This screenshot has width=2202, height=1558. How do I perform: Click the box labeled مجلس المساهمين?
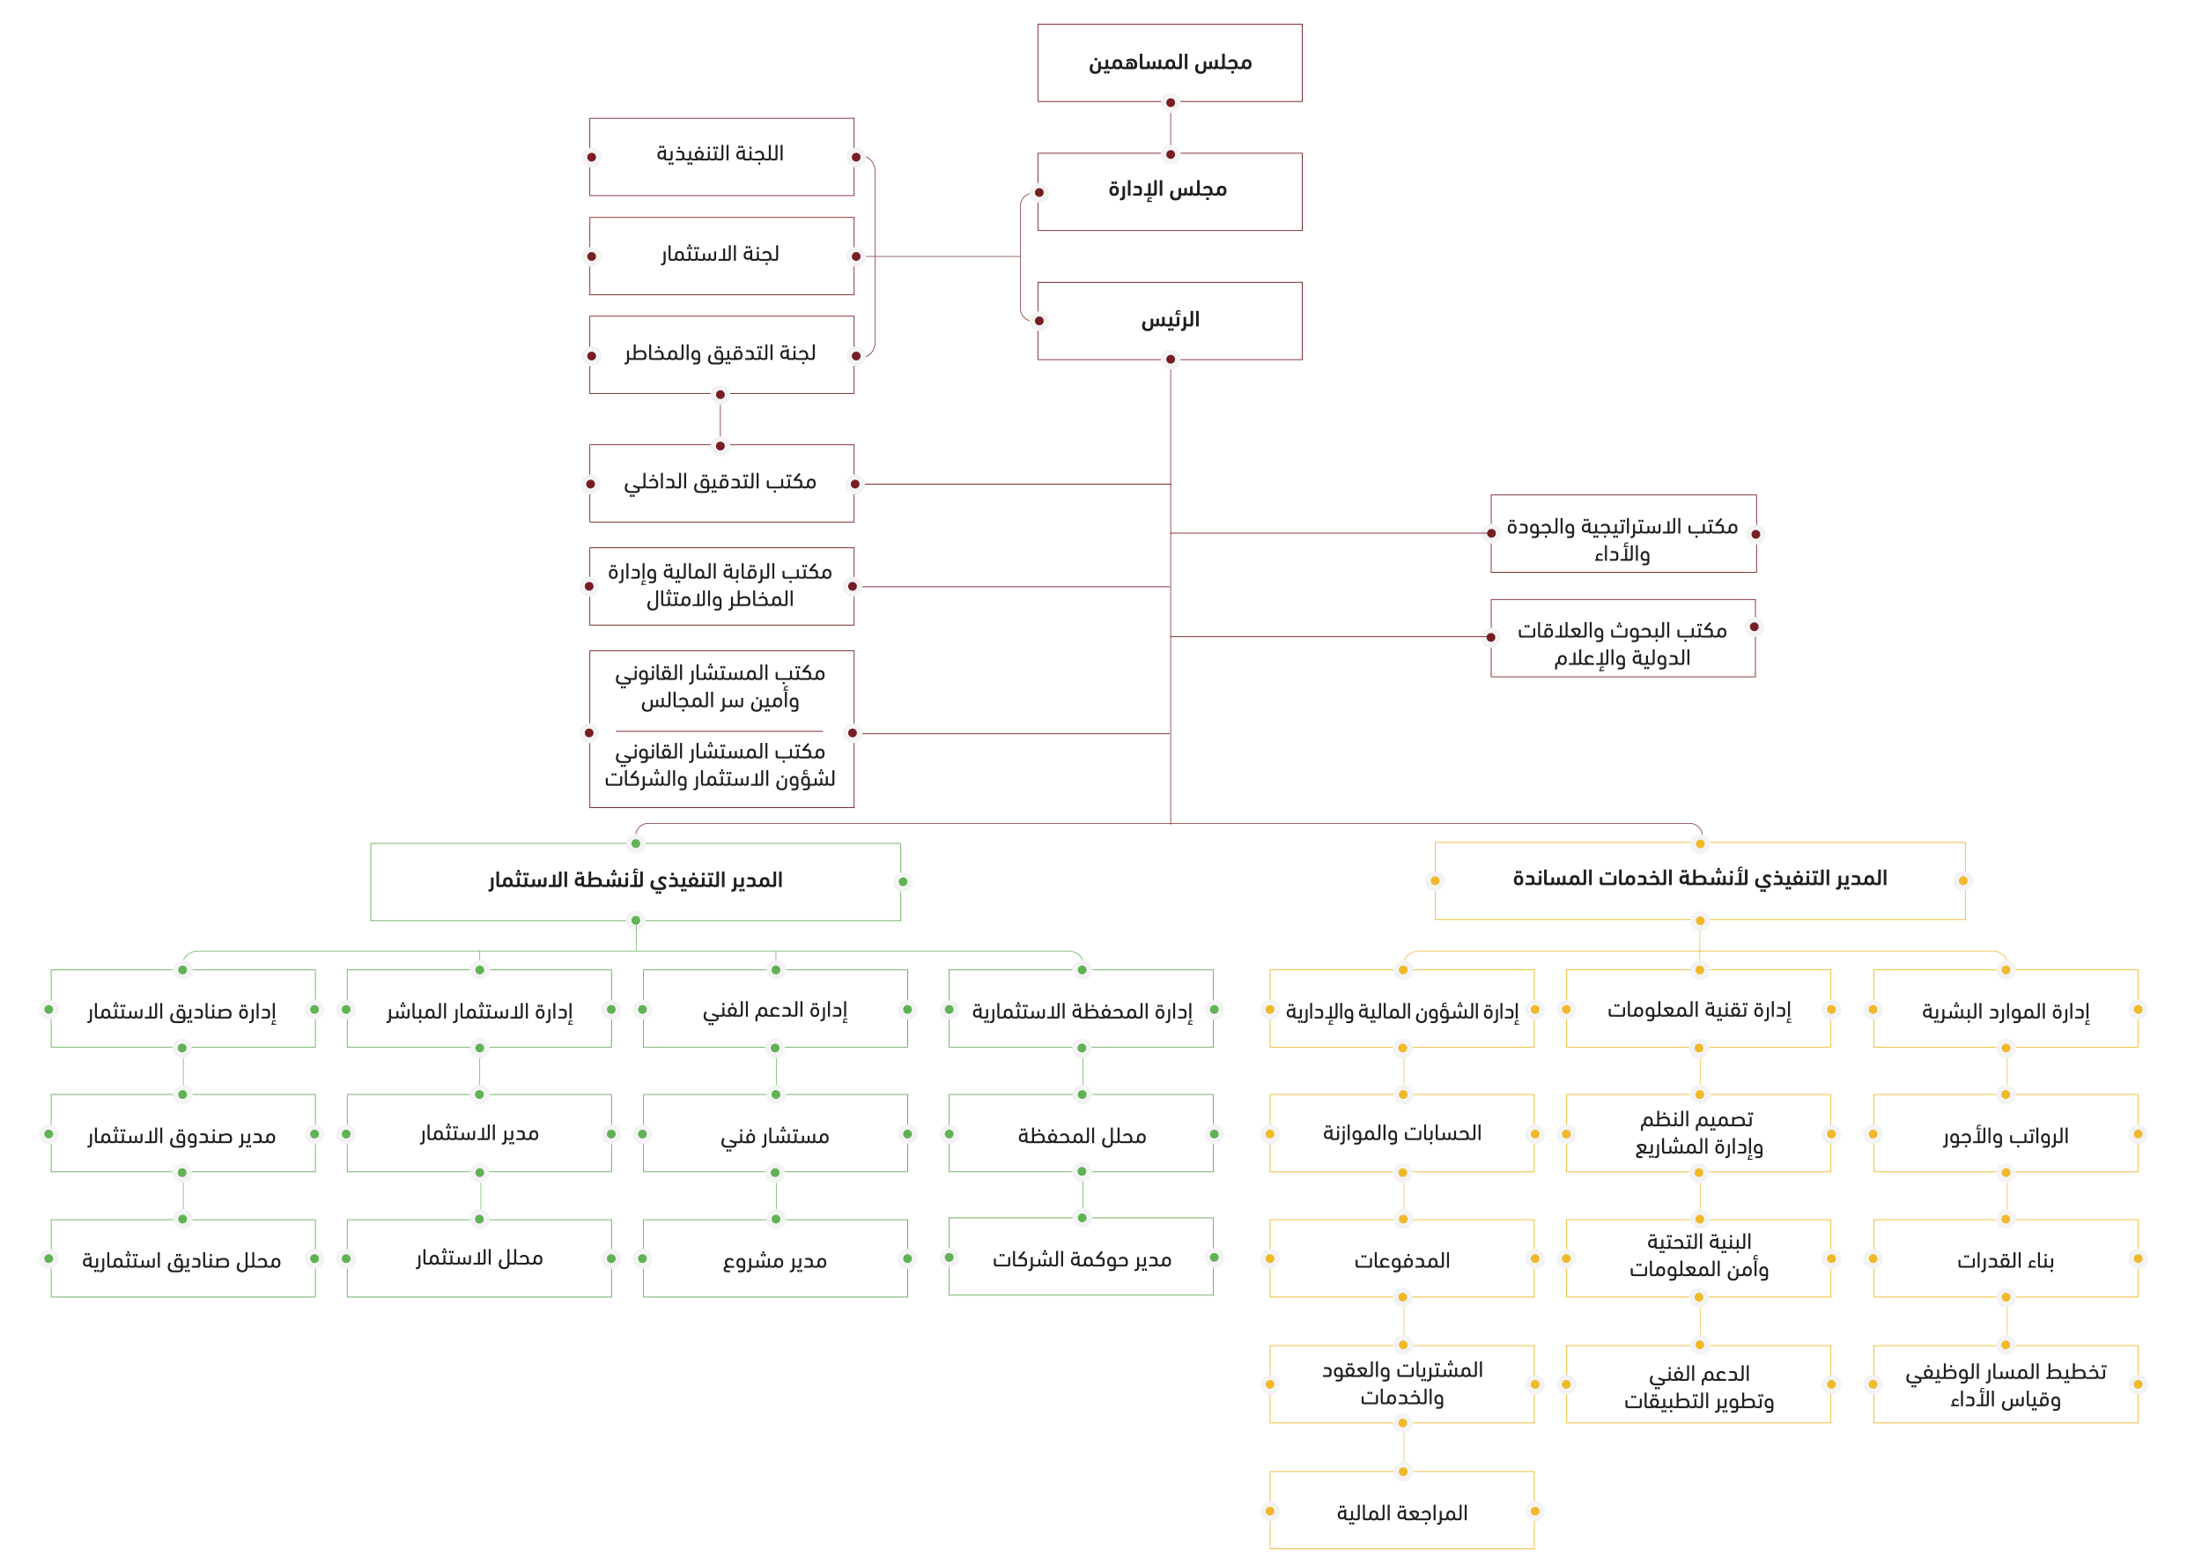[x=1169, y=63]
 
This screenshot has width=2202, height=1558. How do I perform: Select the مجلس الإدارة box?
[x=1169, y=191]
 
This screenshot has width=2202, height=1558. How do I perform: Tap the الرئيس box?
[x=1169, y=320]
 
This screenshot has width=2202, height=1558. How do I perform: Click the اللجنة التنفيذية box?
[x=721, y=155]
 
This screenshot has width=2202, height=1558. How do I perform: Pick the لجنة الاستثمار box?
[x=721, y=256]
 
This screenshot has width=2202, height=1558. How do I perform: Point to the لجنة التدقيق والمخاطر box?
[x=721, y=354]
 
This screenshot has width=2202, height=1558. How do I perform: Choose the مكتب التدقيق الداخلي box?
[x=721, y=483]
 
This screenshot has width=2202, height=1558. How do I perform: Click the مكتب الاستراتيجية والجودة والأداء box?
[x=1621, y=539]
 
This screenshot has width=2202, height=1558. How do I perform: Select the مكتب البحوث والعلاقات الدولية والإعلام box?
[x=1622, y=642]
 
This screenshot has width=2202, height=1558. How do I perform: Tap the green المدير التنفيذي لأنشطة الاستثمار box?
[x=635, y=880]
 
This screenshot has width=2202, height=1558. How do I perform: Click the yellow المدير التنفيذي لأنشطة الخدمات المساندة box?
[x=1698, y=879]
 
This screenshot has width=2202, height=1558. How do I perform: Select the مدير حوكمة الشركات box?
[x=1081, y=1258]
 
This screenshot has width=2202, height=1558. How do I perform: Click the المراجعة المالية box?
[x=1401, y=1513]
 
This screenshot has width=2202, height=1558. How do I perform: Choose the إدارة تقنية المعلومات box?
[x=1698, y=1010]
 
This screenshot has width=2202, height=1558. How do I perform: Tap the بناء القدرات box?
[x=2005, y=1259]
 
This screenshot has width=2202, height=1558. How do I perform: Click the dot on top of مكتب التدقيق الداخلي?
[x=720, y=446]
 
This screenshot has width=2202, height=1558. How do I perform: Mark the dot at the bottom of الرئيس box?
[x=1170, y=360]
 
